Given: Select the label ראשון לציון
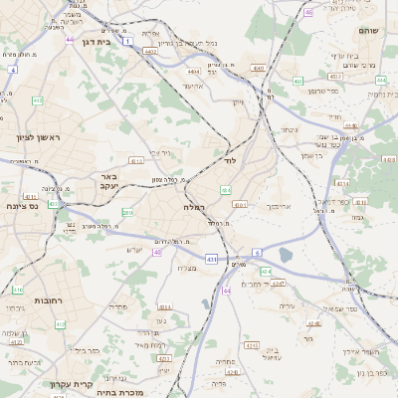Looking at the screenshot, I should click(37, 136).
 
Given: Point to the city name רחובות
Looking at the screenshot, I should click(50, 299).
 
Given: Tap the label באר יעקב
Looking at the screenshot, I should click(108, 181).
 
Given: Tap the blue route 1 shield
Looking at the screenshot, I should click(127, 42).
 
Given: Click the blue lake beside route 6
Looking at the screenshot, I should click(287, 256).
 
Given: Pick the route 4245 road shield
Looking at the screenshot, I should click(280, 284).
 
